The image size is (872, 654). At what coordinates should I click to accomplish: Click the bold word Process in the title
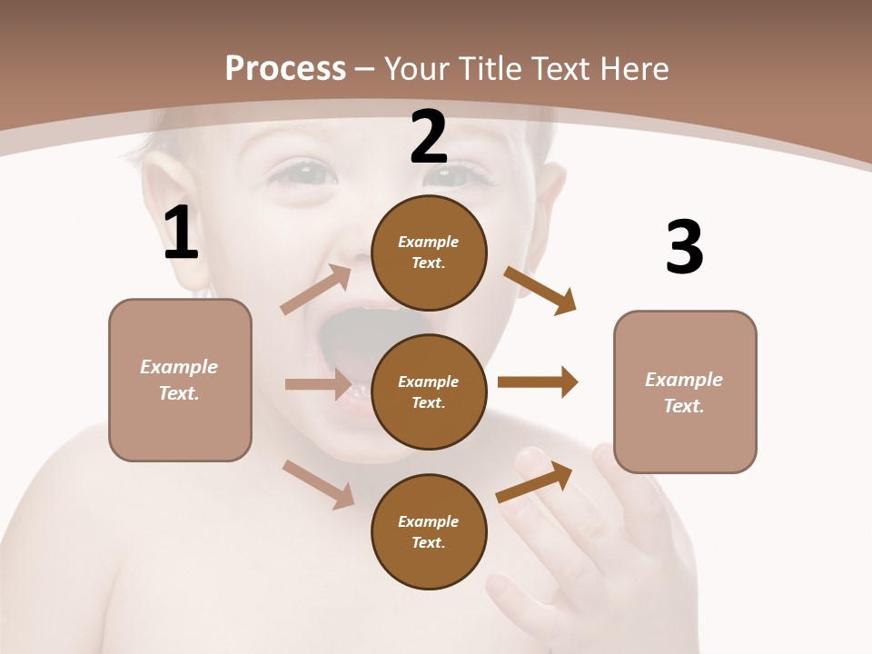coord(285,68)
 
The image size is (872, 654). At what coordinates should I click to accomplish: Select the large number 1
coord(181,233)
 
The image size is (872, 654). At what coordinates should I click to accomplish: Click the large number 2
coord(429,137)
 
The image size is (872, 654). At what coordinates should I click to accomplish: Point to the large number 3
coord(684,247)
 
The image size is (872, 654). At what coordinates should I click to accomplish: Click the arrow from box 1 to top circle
coord(317,290)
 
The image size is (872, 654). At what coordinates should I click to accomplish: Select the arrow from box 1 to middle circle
coord(318,384)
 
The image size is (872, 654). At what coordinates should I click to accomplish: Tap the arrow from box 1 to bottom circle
coord(319,483)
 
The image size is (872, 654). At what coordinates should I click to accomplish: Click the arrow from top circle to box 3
coord(540,290)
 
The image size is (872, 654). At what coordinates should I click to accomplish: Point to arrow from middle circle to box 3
coord(537,381)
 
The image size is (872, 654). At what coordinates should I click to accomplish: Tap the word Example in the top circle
coord(429,242)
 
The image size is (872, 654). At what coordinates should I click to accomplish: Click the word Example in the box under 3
coord(684,380)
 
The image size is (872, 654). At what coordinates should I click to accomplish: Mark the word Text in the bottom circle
coord(427,542)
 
